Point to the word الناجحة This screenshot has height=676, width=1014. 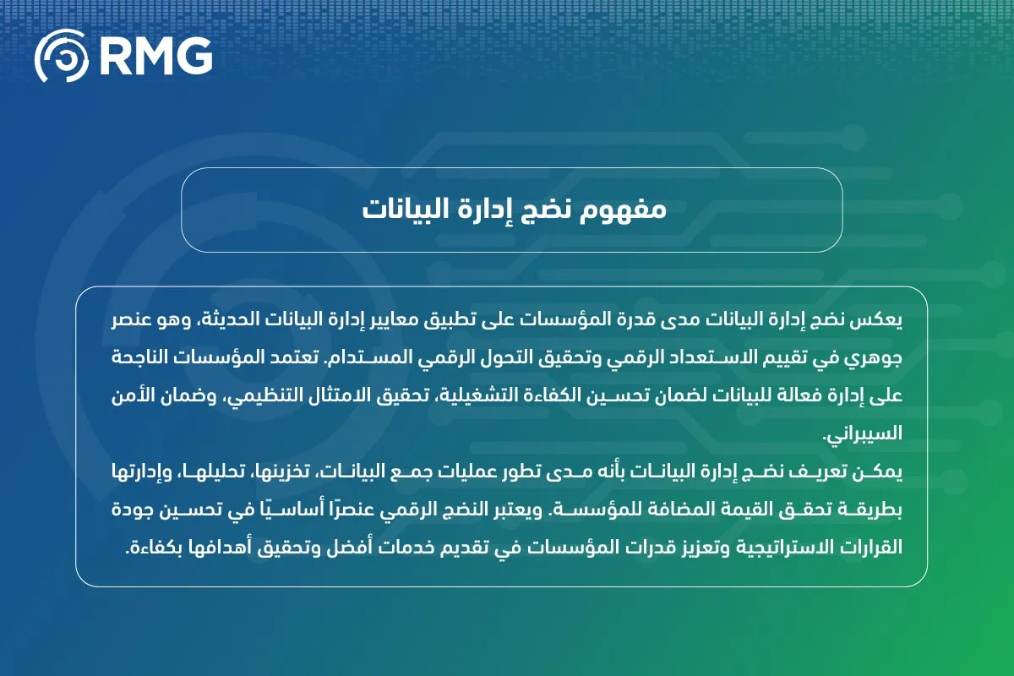point(144,359)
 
